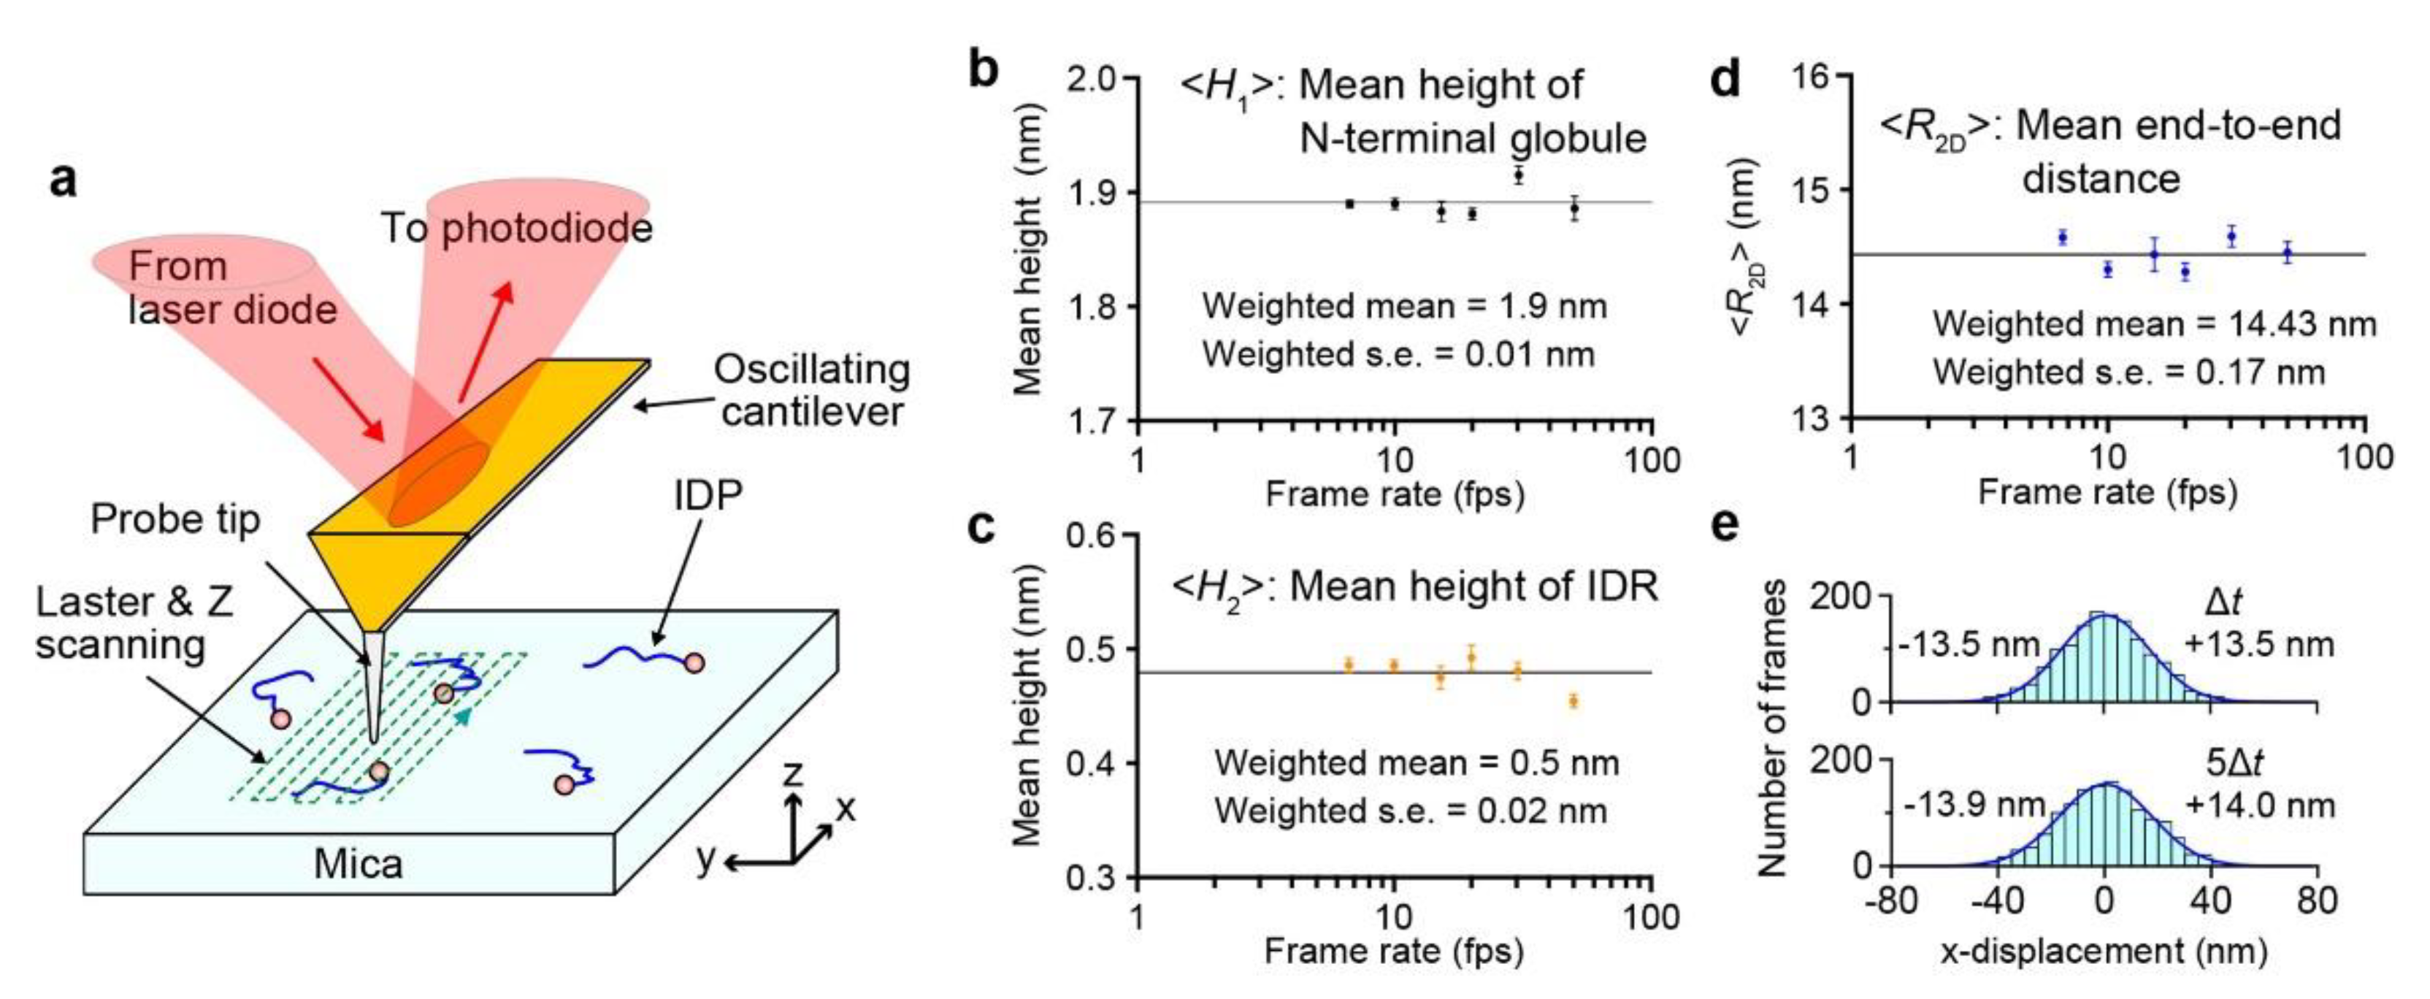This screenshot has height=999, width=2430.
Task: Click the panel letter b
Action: (x=983, y=72)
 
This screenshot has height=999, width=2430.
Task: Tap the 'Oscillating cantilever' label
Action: (x=811, y=391)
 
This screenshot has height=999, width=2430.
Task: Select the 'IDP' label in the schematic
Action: (x=708, y=495)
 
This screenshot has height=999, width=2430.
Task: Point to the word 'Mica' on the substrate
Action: (x=358, y=863)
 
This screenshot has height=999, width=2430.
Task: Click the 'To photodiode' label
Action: (x=516, y=229)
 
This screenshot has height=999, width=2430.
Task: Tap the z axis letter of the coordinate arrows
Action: (x=794, y=775)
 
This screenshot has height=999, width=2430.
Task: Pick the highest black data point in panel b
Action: (x=1518, y=175)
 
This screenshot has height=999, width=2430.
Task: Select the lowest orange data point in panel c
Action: (x=1574, y=701)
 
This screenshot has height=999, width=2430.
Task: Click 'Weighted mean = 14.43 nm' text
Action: (x=2153, y=324)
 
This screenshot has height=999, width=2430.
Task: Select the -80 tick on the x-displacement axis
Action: (x=1891, y=902)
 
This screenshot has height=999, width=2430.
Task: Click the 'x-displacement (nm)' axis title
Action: (x=2103, y=951)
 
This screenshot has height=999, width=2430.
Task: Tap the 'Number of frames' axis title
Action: (x=1773, y=728)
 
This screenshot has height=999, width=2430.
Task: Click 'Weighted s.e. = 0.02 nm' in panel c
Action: (x=1410, y=811)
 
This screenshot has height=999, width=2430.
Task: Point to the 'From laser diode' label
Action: (x=231, y=288)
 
